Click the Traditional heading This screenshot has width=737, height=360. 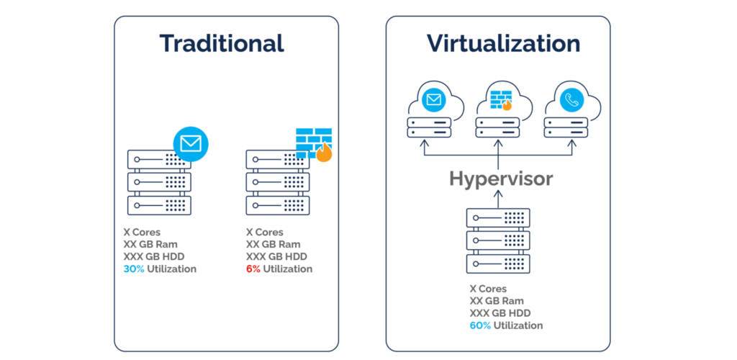[222, 43]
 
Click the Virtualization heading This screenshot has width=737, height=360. [503, 43]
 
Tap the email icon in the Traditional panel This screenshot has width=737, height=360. [190, 144]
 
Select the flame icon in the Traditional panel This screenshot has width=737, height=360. [324, 152]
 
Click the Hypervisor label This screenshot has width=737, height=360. [501, 179]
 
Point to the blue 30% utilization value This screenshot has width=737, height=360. [134, 269]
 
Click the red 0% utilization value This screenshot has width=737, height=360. [253, 269]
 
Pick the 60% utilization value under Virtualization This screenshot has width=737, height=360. [479, 325]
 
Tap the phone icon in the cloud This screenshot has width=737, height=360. [571, 102]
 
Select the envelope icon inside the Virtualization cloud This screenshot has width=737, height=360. [433, 100]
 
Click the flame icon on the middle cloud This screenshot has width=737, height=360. [507, 105]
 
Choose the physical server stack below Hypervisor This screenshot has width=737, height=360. [498, 240]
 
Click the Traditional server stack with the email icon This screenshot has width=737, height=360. [159, 183]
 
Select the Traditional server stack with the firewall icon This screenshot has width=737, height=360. [278, 183]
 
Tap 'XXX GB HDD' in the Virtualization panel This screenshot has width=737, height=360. [500, 313]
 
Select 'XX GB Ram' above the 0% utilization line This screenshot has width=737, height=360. [273, 245]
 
